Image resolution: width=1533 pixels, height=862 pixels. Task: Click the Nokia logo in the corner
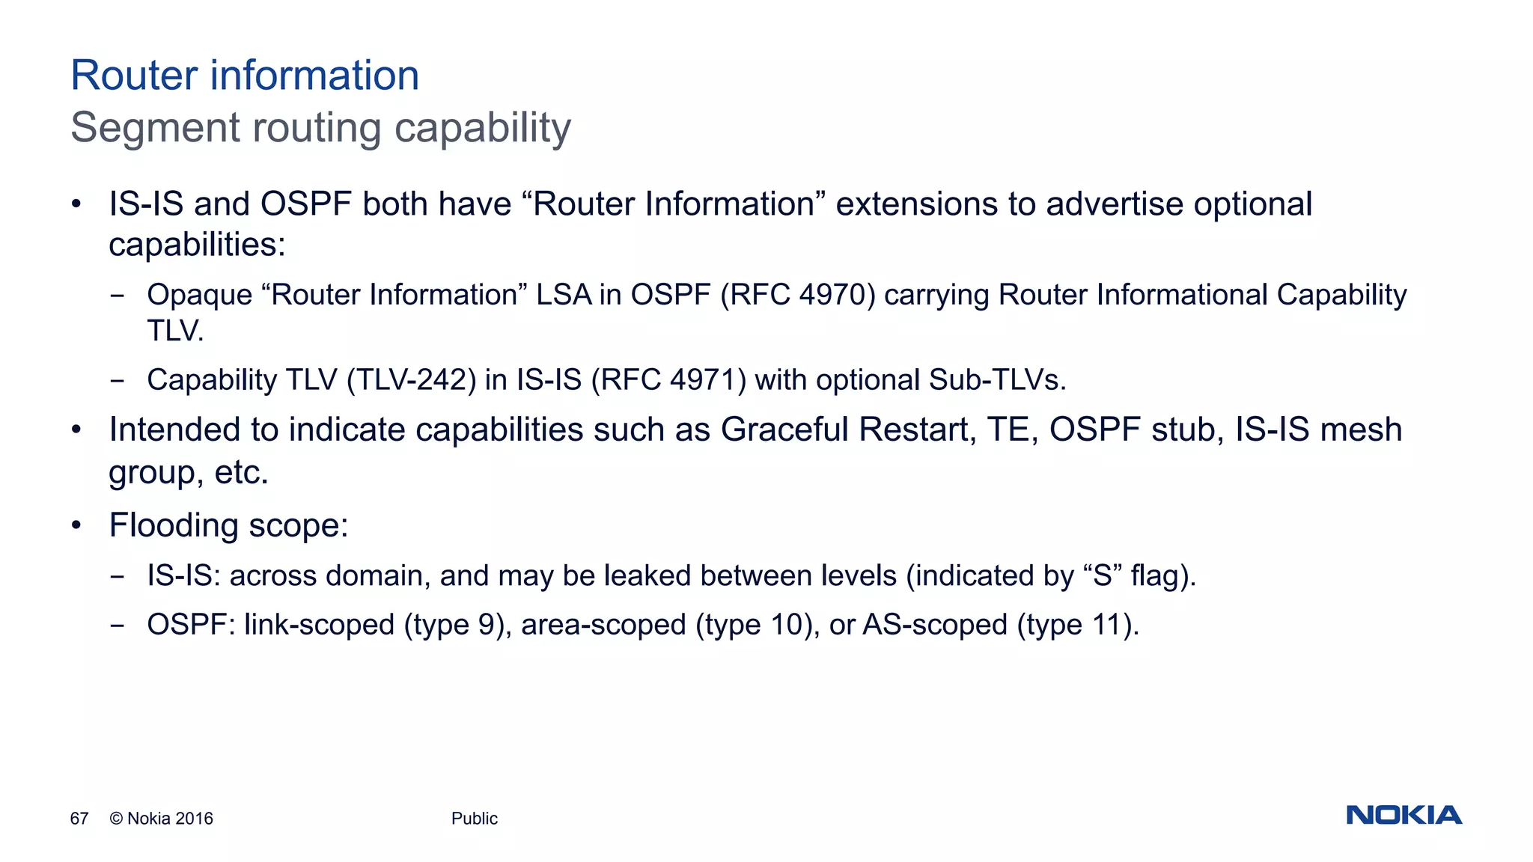[1404, 815]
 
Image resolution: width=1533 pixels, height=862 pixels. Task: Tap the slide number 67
[79, 819]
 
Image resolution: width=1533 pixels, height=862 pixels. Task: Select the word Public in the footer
[475, 819]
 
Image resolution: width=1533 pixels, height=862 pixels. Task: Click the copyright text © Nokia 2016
[162, 819]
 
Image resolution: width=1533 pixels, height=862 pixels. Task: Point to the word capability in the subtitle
[483, 128]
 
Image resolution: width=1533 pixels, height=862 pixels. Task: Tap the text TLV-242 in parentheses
[412, 380]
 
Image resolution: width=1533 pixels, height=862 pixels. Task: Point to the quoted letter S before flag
[1102, 575]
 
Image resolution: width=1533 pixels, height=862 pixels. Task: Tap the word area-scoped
[603, 625]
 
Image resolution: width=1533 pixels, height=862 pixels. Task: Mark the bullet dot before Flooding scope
[76, 525]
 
